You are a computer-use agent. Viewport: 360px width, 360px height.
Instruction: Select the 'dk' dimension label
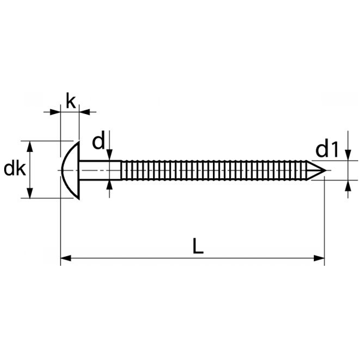click(14, 170)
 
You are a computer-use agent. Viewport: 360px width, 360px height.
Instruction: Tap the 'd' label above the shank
click(99, 142)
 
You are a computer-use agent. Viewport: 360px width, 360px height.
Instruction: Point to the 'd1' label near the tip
click(328, 148)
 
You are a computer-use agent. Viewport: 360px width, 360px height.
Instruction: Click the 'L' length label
click(199, 246)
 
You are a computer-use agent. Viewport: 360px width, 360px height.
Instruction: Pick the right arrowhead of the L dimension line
click(319, 259)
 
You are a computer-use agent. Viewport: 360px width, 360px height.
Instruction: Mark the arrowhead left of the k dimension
click(56, 111)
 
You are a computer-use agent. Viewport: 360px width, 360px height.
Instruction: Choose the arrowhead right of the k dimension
click(85, 111)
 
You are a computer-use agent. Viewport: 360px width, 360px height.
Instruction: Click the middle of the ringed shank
click(216, 170)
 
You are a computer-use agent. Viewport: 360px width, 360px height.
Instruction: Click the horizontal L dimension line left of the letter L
click(126, 259)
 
